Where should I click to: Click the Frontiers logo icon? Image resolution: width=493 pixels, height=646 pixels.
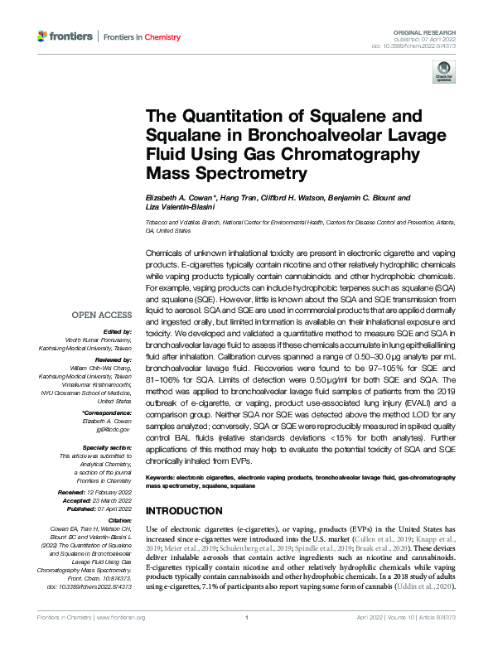[x=43, y=36]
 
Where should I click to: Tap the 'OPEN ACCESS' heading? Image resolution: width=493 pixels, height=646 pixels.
[x=101, y=315]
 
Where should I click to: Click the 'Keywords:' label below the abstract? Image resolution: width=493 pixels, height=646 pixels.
[x=163, y=479]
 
